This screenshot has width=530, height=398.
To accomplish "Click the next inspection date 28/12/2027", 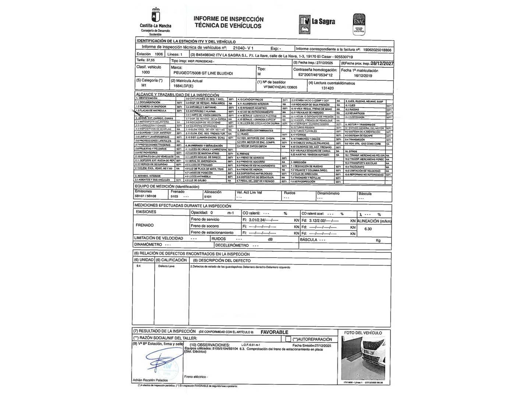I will (382, 63).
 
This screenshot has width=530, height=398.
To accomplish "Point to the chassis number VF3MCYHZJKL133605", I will (277, 88).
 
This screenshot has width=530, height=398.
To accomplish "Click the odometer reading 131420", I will (327, 88).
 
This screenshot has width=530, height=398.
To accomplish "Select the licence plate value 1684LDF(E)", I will (183, 86).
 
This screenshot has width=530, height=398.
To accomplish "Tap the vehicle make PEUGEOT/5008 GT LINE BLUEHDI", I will (203, 74).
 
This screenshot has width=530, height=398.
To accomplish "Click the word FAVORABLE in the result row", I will (274, 332).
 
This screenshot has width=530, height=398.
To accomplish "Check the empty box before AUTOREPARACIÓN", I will (288, 339).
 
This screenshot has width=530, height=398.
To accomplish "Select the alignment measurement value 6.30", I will (368, 229).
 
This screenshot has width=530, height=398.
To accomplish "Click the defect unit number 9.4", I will (138, 266).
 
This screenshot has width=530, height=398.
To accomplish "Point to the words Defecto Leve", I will (166, 266).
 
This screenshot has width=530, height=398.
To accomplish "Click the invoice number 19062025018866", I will (377, 49).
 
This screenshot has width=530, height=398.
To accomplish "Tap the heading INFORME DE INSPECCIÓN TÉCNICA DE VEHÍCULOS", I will (229, 22).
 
